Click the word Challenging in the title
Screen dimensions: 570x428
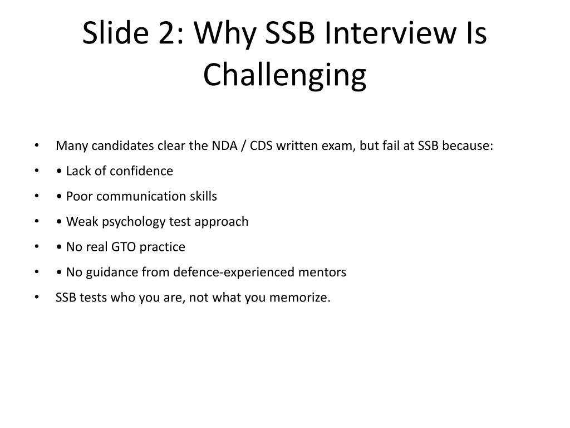284,75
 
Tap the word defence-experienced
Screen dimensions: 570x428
234,272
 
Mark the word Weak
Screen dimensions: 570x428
82,222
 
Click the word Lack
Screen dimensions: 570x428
78,171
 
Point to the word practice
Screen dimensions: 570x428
162,247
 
